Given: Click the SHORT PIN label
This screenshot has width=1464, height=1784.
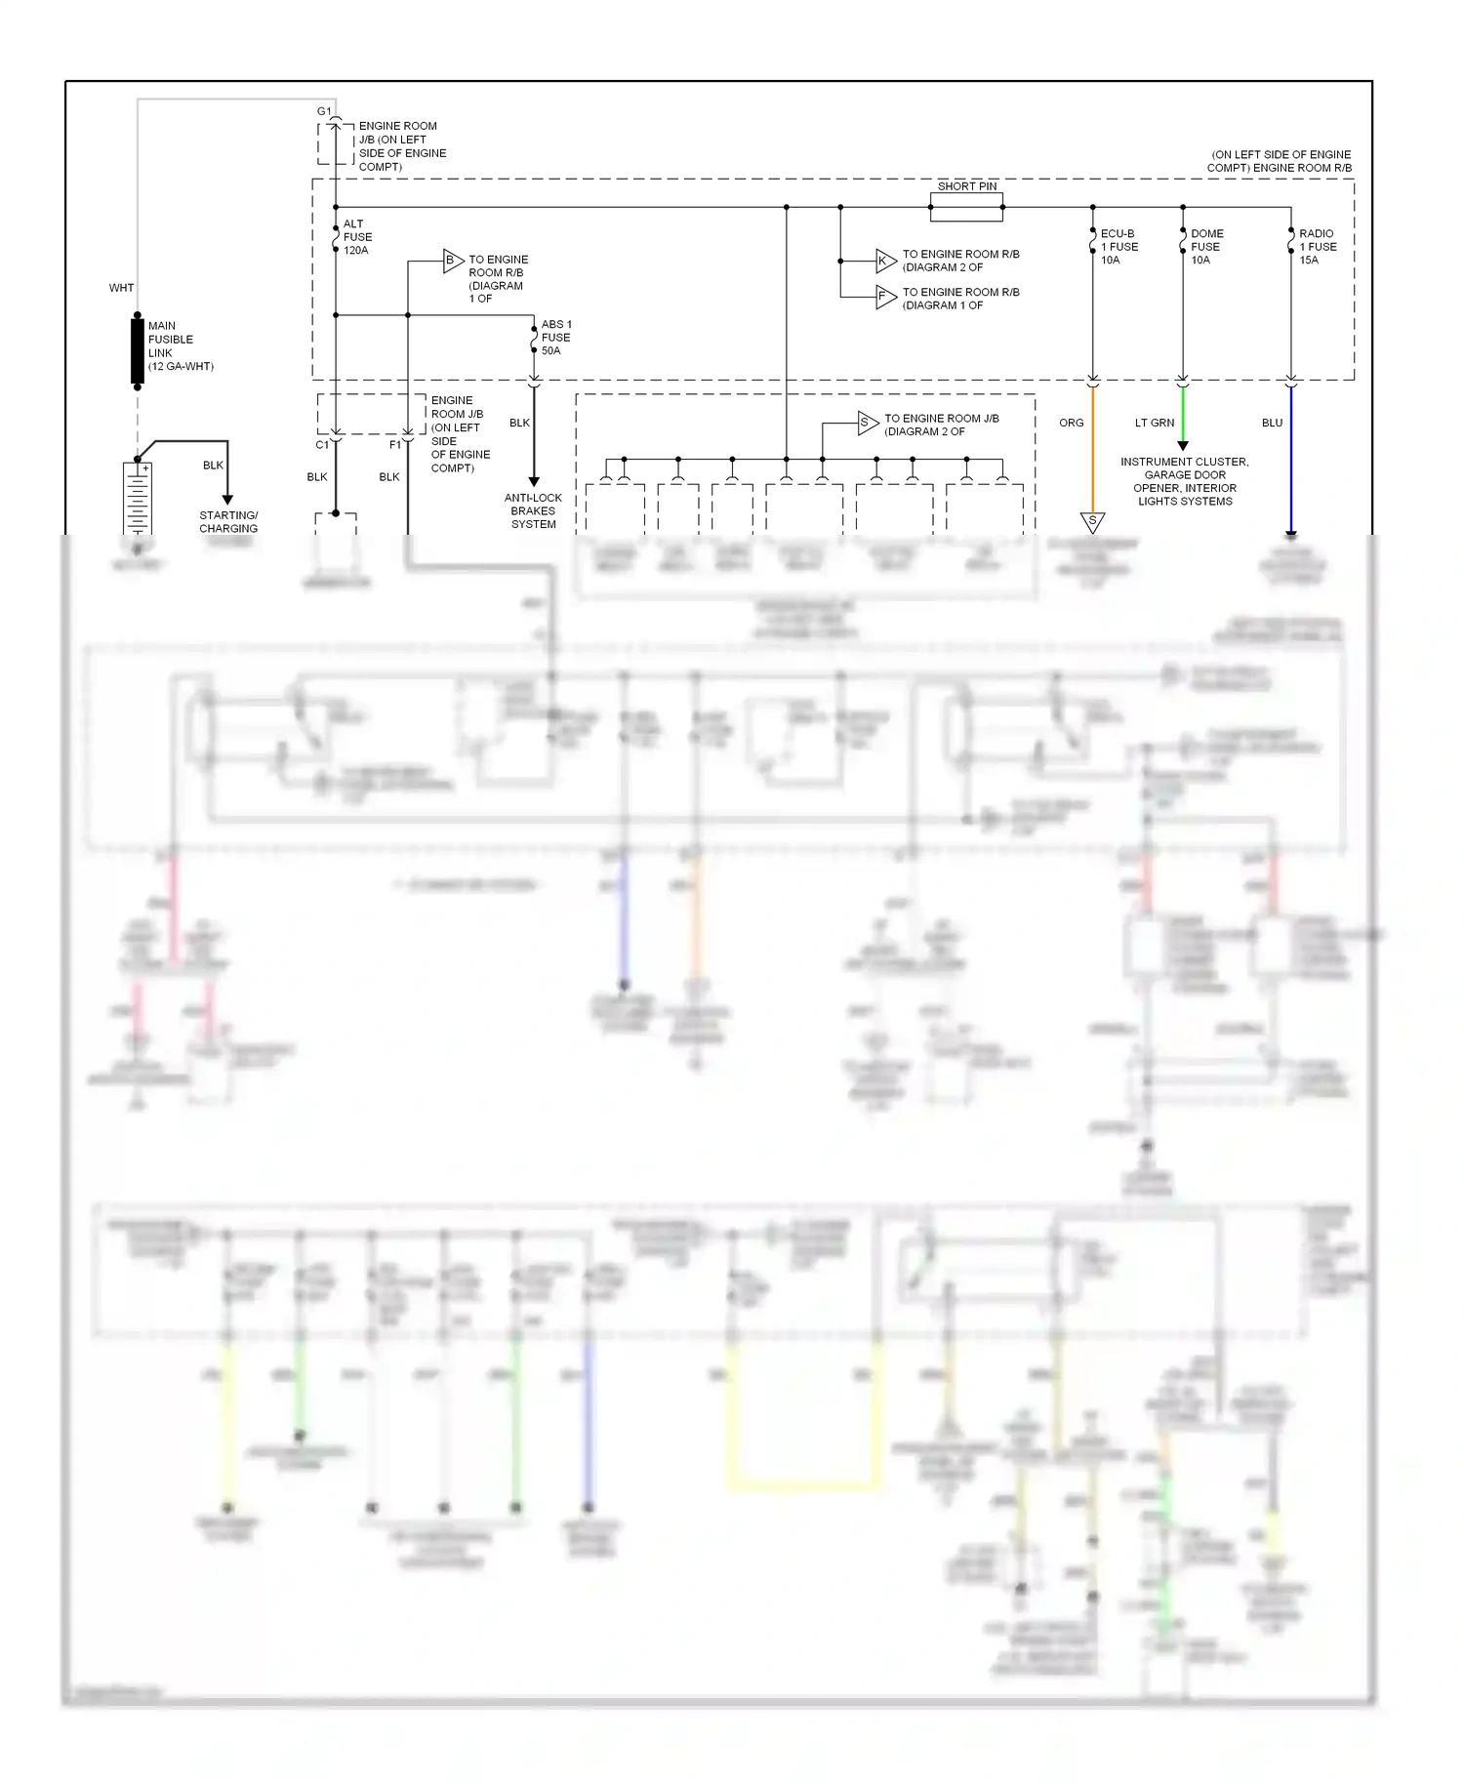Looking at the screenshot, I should click(967, 185).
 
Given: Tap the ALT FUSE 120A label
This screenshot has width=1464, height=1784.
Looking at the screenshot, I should click(356, 237).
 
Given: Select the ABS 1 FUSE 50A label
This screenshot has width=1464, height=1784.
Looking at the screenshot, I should click(555, 338).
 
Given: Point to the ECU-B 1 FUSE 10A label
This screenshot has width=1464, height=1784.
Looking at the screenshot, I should click(1118, 247).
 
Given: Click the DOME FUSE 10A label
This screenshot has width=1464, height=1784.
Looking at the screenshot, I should click(1206, 247).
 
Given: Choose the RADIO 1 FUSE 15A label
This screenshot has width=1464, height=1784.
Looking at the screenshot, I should click(1317, 247).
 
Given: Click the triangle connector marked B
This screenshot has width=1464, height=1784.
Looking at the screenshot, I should click(452, 260).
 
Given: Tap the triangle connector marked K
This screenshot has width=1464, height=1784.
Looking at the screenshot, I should click(884, 261).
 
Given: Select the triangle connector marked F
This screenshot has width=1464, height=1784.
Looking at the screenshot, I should click(884, 297).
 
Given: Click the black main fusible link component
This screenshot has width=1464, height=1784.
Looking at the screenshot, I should click(138, 349).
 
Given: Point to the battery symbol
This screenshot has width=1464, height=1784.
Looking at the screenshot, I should click(138, 498).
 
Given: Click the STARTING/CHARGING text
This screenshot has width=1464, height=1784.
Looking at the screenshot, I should click(228, 522).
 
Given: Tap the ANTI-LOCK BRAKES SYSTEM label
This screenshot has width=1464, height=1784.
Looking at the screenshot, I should click(534, 510).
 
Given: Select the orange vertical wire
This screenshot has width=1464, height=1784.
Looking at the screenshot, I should click(1093, 449).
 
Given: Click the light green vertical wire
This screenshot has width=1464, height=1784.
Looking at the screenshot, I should click(1183, 415).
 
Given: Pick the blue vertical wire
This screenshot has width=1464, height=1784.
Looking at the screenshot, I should click(1291, 459).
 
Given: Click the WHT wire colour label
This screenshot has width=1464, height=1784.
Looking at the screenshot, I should click(122, 288).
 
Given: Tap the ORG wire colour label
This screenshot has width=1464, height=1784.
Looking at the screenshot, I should click(1071, 423).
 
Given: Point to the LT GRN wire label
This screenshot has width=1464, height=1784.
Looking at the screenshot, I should click(1155, 423).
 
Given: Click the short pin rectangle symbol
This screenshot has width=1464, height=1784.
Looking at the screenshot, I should click(966, 207).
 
